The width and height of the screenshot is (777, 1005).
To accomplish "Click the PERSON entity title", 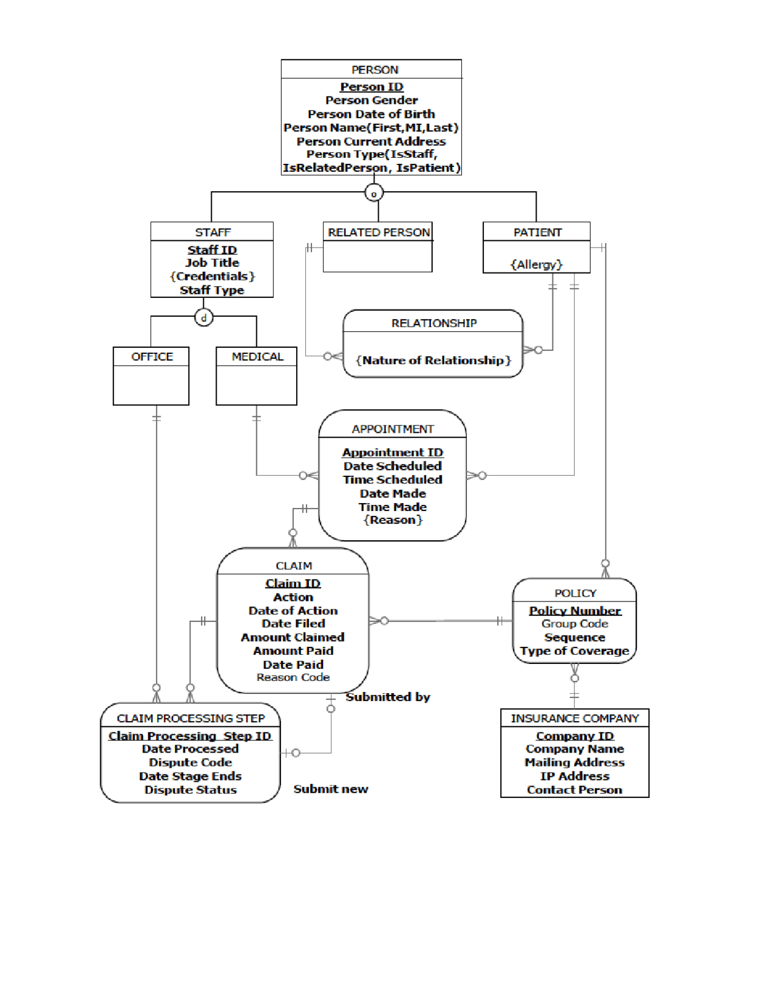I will click(375, 70).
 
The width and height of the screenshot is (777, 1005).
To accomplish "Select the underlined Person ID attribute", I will click(372, 87).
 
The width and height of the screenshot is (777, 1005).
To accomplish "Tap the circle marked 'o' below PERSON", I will click(374, 193).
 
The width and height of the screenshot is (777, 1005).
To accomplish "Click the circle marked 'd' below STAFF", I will click(204, 317).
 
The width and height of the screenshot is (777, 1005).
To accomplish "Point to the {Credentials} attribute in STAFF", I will click(212, 276).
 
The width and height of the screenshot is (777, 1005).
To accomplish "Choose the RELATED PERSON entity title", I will click(379, 232).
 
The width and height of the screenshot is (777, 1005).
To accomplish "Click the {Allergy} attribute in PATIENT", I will click(537, 265).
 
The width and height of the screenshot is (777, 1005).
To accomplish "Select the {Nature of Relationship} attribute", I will click(433, 360).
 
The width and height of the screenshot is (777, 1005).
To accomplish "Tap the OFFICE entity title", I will click(152, 356).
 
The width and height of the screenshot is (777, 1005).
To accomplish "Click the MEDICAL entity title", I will click(257, 356).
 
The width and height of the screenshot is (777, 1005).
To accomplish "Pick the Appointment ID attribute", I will click(393, 452).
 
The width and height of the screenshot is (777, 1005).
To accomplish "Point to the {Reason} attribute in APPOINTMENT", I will click(393, 519).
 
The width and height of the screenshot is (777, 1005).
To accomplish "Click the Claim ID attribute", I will click(293, 583).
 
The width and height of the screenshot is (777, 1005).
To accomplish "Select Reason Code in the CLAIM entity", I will click(293, 677).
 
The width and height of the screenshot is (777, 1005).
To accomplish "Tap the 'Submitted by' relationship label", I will click(388, 697).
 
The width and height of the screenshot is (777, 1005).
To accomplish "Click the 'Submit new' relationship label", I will click(331, 789).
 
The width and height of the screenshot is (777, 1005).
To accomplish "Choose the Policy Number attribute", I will click(575, 611).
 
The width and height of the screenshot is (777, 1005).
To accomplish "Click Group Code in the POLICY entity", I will click(575, 624).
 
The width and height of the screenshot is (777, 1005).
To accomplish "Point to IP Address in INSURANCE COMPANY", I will click(575, 776).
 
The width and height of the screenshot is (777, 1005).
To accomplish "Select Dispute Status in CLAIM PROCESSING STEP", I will click(191, 790).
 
